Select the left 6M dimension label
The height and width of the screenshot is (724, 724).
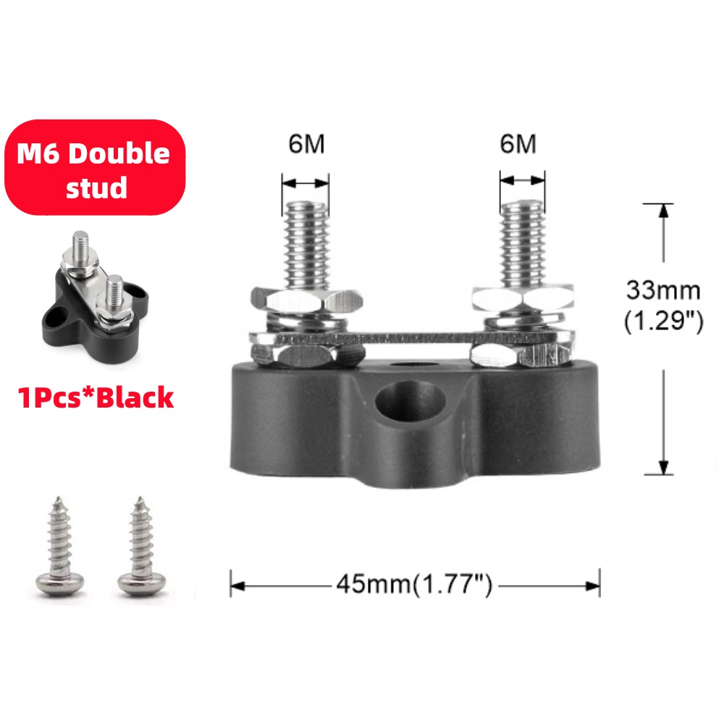[306, 143]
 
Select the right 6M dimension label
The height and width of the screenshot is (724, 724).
[518, 143]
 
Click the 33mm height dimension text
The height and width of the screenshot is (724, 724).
[663, 291]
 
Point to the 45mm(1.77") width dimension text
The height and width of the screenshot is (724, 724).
[414, 584]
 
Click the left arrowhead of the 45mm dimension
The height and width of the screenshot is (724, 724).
[236, 584]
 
